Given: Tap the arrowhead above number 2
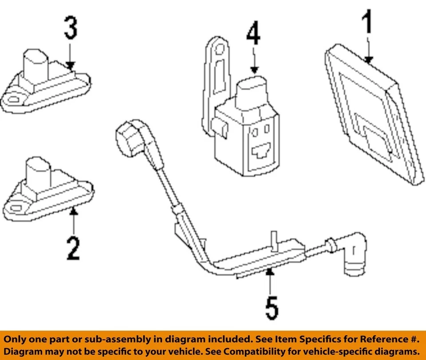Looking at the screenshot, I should point(74,213).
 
